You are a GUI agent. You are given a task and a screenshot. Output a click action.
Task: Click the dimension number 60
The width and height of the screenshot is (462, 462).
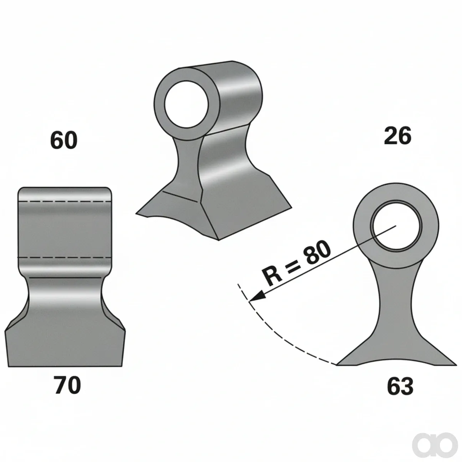[64, 141]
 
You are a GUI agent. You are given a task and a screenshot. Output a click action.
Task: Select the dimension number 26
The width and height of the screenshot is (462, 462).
[398, 137]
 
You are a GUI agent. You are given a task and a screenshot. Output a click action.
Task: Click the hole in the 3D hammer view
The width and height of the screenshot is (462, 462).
[187, 104]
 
